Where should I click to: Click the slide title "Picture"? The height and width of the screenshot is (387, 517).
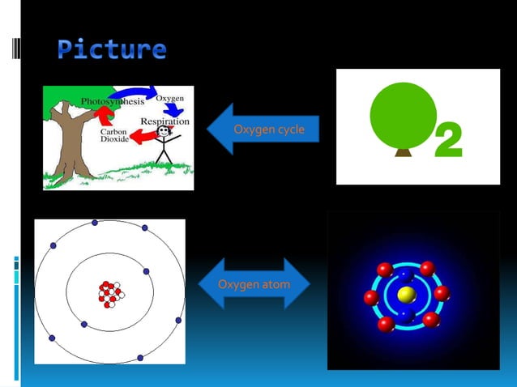[x=112, y=49]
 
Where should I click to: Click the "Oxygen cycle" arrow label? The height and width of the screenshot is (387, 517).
[x=268, y=130]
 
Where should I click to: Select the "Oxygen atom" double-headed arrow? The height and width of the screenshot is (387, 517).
[x=254, y=284]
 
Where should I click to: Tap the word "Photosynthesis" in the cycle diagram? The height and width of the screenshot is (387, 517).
[x=112, y=102]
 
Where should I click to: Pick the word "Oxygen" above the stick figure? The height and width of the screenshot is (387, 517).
[x=169, y=98]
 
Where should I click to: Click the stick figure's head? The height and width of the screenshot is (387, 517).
[x=164, y=131]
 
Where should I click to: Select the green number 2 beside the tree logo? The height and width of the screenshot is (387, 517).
[x=448, y=141]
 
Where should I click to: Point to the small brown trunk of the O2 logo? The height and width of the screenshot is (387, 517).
[x=403, y=151]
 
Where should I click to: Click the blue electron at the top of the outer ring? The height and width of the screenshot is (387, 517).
[x=95, y=223]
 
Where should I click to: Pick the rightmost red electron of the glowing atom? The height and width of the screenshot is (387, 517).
[x=442, y=293]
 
